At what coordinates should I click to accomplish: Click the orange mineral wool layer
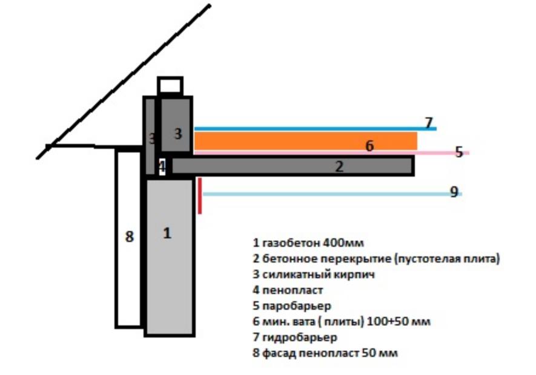click(306, 141)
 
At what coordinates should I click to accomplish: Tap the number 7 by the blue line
click(429, 122)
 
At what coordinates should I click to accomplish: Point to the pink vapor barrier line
click(331, 152)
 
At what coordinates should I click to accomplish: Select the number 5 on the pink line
click(459, 152)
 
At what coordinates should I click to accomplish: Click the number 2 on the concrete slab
click(339, 166)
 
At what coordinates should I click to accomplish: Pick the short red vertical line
click(200, 196)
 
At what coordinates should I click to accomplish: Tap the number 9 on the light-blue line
click(454, 192)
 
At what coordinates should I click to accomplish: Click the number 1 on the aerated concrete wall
click(167, 233)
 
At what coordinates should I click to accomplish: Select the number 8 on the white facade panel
click(129, 236)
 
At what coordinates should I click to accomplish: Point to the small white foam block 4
click(162, 167)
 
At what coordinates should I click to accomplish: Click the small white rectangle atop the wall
click(170, 85)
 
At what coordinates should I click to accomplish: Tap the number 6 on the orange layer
click(369, 146)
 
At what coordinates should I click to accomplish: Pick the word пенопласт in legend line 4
click(293, 290)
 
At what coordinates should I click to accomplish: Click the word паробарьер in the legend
click(296, 305)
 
